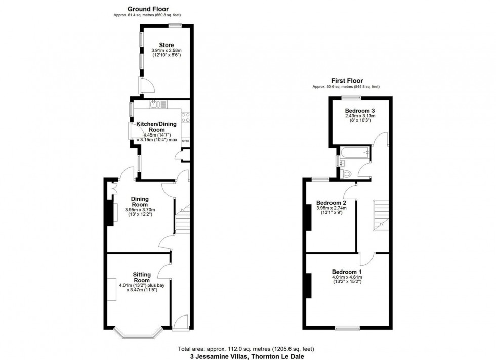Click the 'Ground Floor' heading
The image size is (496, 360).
coord(148,9)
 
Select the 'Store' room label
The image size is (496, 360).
coord(166,46)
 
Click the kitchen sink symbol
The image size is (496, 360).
coord(156,105)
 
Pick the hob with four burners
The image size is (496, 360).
coord(185,118)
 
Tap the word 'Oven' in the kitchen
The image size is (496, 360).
coord(185,141)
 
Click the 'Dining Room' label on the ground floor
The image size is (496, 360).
coord(140,202)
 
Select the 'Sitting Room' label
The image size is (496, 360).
coord(142,277)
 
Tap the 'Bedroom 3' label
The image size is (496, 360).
coord(360,110)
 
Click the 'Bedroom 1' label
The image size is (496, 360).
coord(347,271)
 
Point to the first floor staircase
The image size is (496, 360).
coord(380,214)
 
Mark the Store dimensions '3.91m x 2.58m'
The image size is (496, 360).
coord(166,51)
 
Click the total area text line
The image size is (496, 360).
coord(247,349)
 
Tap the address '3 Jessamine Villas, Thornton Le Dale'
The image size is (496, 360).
coord(247,356)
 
